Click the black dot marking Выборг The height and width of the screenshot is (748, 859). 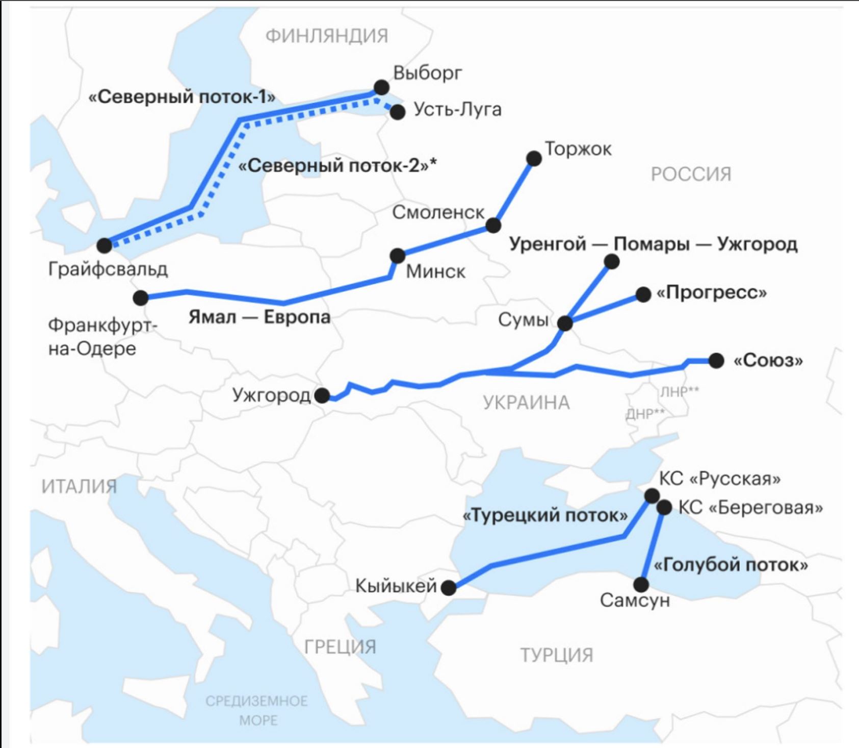pos(381,87)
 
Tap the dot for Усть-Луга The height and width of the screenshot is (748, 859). pos(398,112)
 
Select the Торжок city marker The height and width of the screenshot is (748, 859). pos(534,158)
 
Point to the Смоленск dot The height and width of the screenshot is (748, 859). pos(493,225)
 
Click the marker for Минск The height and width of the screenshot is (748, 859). pos(397,255)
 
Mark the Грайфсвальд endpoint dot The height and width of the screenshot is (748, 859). pos(105,245)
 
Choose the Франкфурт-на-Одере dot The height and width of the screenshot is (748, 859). pos(140,297)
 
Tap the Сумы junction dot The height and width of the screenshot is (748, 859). pos(565,323)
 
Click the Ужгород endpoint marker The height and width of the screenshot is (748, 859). pos(322,395)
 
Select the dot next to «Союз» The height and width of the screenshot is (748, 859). pos(716,360)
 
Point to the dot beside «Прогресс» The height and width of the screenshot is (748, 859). pos(643,294)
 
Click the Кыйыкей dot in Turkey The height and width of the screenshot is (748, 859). pos(449,588)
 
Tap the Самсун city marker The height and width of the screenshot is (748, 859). pos(641,584)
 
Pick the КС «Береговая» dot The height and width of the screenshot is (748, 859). pos(664,507)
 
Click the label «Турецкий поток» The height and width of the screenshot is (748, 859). pos(545,516)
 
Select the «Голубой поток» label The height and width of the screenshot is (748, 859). pos(731,565)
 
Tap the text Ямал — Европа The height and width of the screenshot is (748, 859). pos(259,317)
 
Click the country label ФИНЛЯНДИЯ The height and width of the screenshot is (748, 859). pos(327,36)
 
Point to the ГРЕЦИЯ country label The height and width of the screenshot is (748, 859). pos(340,647)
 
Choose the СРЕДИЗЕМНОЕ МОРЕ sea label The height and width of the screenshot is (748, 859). pos(257,710)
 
